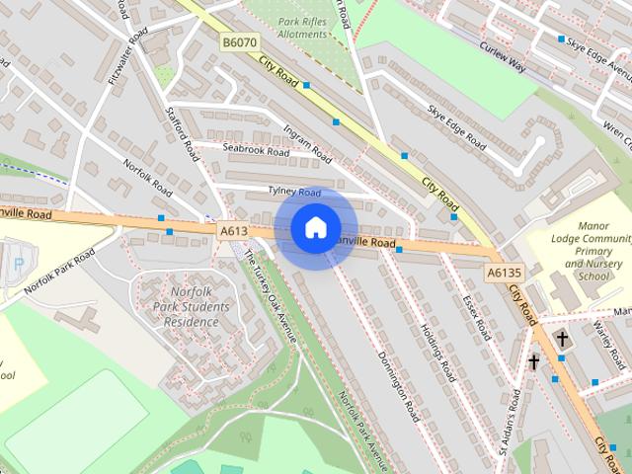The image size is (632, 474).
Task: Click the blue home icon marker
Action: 315,228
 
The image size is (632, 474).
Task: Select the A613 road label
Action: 233,231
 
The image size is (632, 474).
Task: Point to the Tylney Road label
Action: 294,192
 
